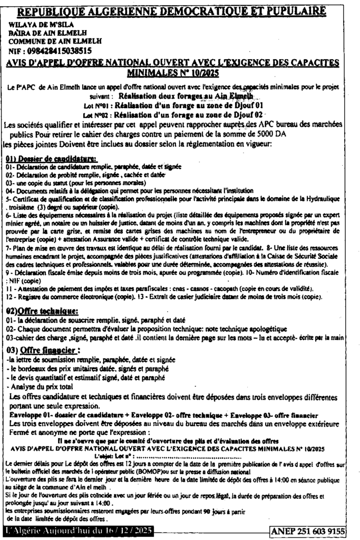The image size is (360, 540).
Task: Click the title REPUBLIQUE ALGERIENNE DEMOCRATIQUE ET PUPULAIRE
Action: point(179,9)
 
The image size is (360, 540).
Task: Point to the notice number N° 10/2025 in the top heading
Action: point(198,73)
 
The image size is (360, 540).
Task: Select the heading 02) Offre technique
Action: point(42,311)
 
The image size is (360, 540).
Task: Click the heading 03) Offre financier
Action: point(43,350)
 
